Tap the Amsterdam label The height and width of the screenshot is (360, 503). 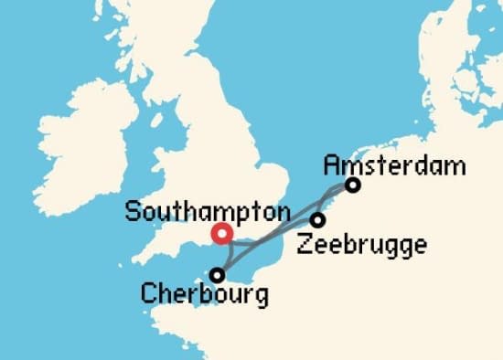point(395,166)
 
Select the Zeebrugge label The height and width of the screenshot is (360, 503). point(361,245)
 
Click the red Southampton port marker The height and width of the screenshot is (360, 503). point(221,234)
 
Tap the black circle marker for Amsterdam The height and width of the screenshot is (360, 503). point(352,185)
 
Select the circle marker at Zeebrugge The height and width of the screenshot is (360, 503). point(317,220)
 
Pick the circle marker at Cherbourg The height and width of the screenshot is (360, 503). point(218,274)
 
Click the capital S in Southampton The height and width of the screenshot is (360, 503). point(131,212)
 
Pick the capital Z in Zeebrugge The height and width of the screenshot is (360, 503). point(305,244)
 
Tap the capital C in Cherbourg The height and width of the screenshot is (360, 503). point(147,294)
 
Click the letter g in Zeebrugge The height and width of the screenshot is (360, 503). point(401,247)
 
